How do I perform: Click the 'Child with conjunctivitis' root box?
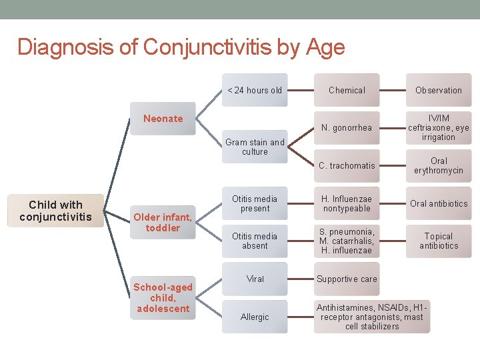[55, 211]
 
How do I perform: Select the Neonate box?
[163, 119]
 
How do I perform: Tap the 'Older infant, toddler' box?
[163, 222]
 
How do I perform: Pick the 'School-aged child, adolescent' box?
[163, 297]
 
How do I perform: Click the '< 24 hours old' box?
[255, 90]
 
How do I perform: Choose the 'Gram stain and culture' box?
[255, 147]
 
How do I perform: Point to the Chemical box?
[347, 90]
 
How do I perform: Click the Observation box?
[438, 90]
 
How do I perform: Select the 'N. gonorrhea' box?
[347, 128]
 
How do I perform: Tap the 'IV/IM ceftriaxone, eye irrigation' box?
[438, 128]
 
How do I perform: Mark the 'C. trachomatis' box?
[347, 166]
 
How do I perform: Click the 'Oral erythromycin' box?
[438, 166]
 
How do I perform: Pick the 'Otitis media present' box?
[255, 203]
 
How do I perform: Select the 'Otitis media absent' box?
[255, 241]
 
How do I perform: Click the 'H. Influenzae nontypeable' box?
[347, 203]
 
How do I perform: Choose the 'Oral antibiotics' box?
[438, 203]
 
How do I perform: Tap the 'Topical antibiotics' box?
[438, 241]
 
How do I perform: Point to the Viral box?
[255, 279]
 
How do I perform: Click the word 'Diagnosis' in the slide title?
[57, 47]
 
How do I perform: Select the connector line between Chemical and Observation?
[393, 90]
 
